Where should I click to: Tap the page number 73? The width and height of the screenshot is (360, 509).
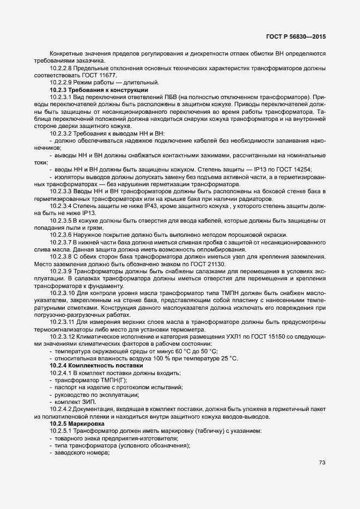[322, 463]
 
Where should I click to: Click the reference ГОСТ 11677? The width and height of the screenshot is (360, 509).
[100, 75]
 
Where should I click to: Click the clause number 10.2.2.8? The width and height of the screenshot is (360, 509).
[61, 68]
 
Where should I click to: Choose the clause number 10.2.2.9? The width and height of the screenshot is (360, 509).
[61, 82]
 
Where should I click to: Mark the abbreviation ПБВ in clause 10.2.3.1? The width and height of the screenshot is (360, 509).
[175, 96]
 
